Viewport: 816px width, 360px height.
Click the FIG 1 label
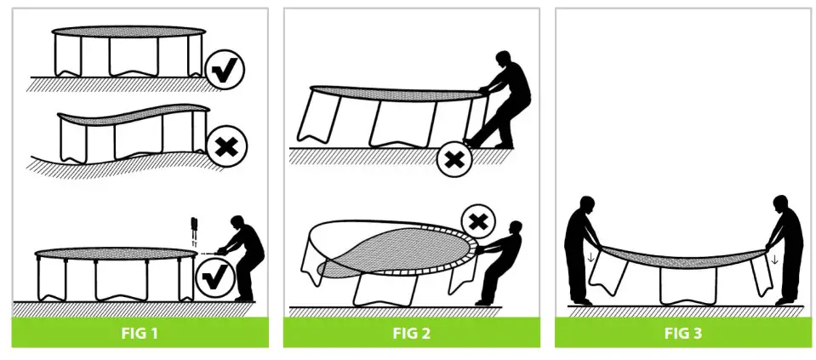point(139,333)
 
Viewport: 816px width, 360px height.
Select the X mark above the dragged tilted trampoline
point(480,223)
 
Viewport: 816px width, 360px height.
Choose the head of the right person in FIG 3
point(782,204)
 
